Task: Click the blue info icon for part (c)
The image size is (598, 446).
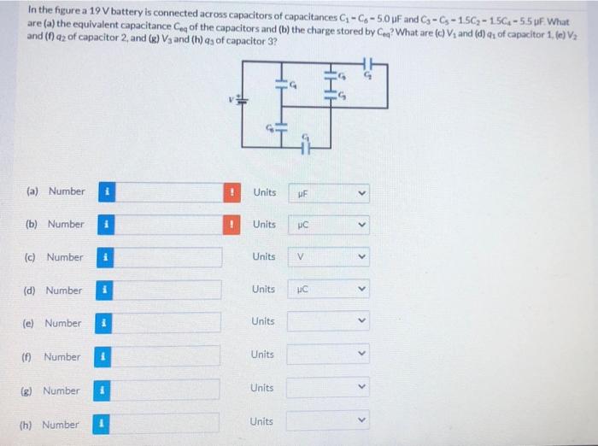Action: point(103,257)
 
